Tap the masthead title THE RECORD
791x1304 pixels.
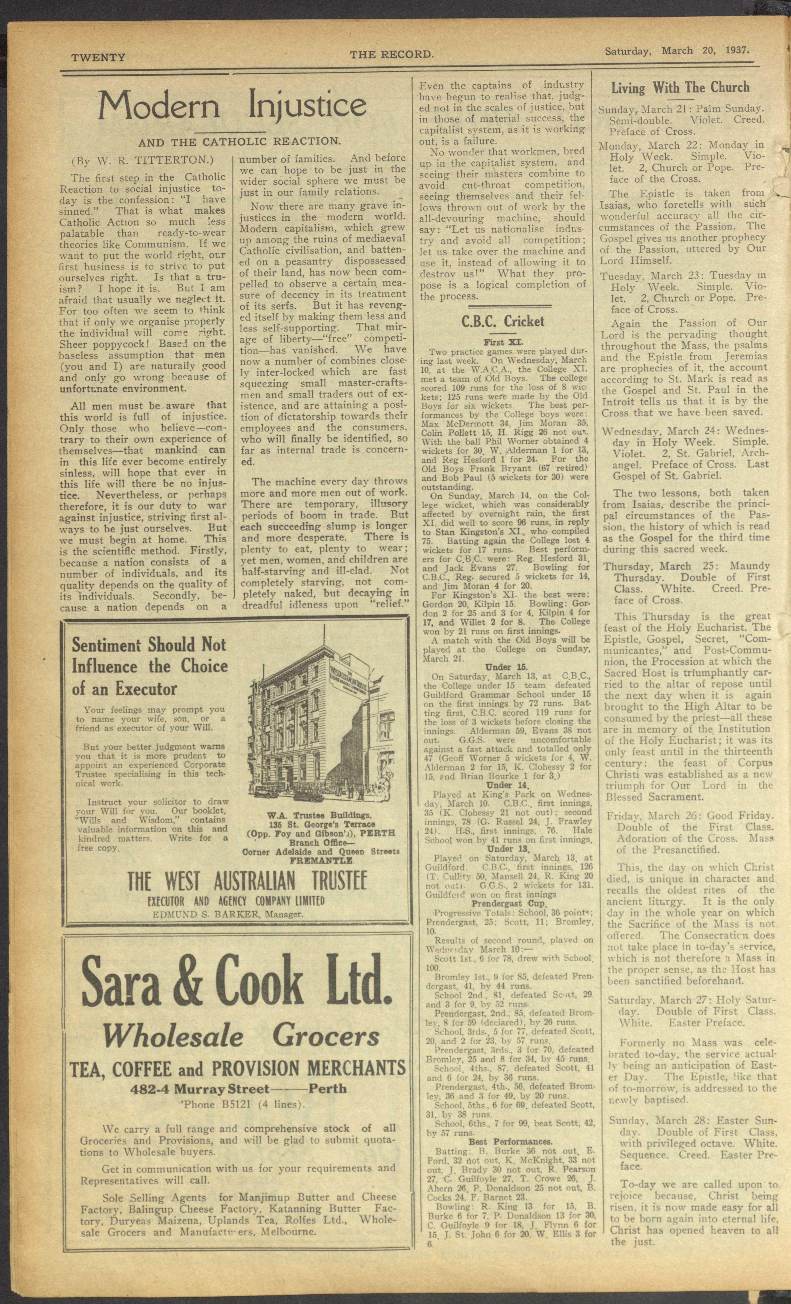pyautogui.click(x=392, y=54)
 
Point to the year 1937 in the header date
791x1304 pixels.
pyautogui.click(x=738, y=51)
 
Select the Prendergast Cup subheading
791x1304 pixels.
pyautogui.click(x=504, y=903)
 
